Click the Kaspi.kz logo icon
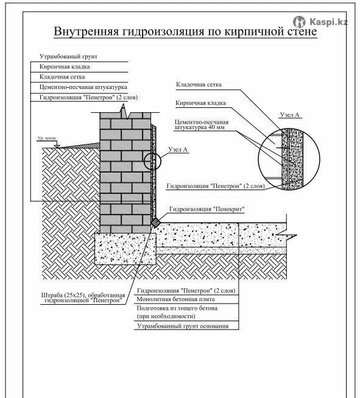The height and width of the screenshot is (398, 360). [299, 22]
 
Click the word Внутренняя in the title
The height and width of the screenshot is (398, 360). [86, 31]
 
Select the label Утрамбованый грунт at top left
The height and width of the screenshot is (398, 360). [68, 56]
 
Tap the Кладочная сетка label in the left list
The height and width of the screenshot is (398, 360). [62, 77]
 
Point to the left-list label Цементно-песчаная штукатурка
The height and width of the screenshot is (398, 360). [83, 87]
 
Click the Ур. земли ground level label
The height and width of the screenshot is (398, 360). [47, 138]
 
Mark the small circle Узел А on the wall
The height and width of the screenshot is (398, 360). [152, 161]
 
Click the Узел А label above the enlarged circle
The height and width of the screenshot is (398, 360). [289, 115]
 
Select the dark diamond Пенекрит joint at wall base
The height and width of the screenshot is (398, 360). [156, 222]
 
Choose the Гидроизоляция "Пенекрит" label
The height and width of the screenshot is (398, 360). [206, 209]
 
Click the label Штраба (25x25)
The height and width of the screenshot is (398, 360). [62, 295]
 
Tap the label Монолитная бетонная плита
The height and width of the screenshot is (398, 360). [175, 299]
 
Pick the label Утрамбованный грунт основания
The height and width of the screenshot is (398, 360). [183, 326]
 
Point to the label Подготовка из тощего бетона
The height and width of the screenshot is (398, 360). [177, 308]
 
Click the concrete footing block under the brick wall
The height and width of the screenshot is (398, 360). [125, 249]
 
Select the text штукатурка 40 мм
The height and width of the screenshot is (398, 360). [199, 127]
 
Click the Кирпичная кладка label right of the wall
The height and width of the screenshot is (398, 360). [200, 103]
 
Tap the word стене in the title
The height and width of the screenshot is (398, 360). [302, 32]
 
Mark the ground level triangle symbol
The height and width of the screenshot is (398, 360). [57, 146]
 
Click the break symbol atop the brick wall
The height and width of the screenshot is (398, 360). [124, 111]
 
